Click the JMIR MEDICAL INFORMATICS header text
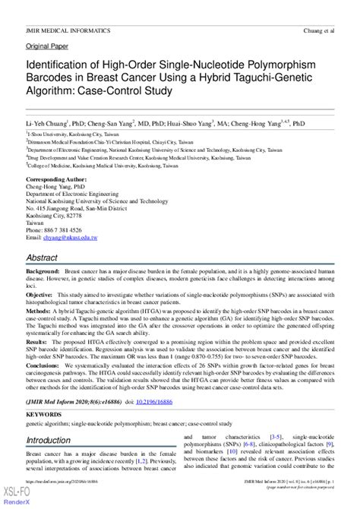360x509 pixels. coord(68,31)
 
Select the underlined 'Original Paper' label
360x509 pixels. coord(48,46)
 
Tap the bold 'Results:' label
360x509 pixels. coord(39,343)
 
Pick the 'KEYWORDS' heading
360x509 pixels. coord(44,415)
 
